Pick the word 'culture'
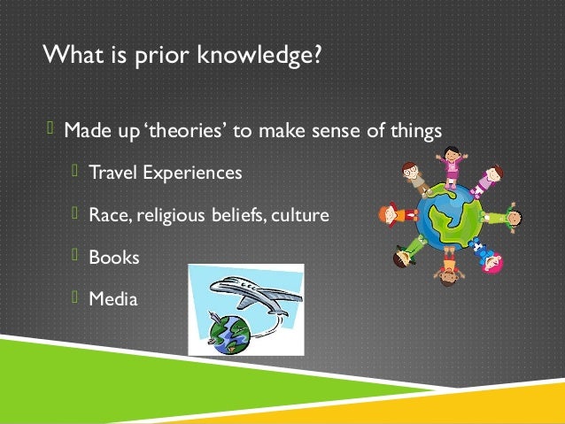click(300, 214)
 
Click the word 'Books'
click(114, 257)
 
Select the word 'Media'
click(113, 299)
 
